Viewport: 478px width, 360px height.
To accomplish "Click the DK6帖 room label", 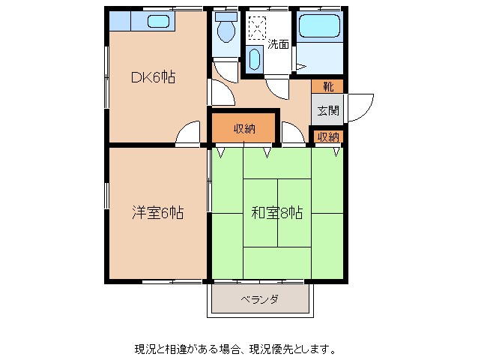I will point(154,76).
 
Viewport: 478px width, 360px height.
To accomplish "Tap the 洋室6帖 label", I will point(157,212).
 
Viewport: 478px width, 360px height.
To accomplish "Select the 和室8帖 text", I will point(276,212).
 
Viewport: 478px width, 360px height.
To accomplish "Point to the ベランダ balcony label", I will point(260,299).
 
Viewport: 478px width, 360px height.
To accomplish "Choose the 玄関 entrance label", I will point(328,111).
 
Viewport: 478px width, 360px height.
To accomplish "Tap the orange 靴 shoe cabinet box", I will point(328,85).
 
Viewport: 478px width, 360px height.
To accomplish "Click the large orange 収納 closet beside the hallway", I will point(244,127).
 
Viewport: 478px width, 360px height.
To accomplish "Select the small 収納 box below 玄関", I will point(328,136).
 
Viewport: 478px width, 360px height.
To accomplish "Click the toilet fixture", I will point(224,31).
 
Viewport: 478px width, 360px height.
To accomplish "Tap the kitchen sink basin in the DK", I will point(157,21).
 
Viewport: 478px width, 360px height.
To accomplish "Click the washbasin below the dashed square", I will point(255,59).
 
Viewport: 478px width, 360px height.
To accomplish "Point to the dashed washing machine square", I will point(257,28).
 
